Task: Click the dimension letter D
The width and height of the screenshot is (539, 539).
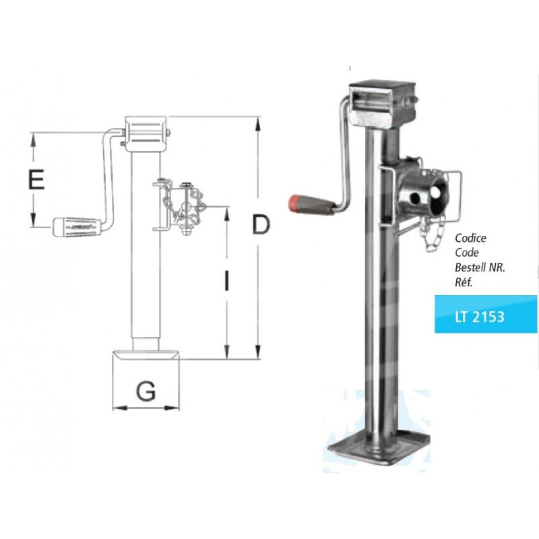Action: [259, 225]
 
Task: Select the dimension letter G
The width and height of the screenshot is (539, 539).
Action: [146, 390]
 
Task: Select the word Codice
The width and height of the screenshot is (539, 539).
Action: [470, 238]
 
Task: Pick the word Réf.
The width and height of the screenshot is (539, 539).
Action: [465, 282]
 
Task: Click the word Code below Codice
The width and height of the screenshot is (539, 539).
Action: [467, 253]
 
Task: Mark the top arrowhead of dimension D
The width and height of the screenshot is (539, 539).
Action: [256, 122]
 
